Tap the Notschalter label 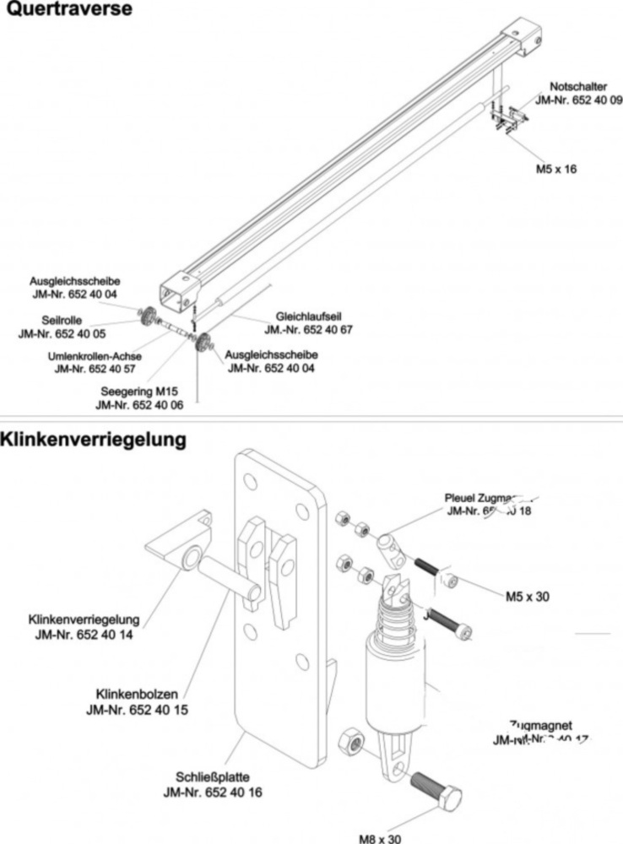[x=578, y=87]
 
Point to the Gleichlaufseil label [x=310, y=316]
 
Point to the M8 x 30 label [x=380, y=838]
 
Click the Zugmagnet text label [x=542, y=725]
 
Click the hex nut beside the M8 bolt [x=352, y=744]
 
